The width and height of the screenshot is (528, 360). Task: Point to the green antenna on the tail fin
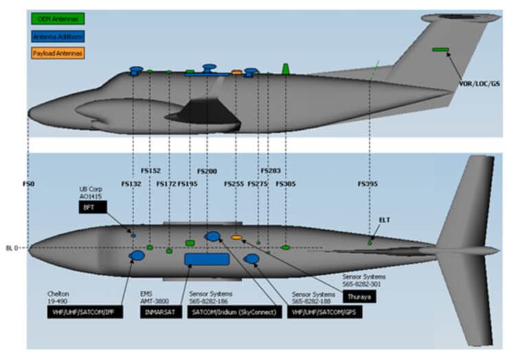coord(440,49)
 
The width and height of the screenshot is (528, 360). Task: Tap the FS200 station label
coord(206,171)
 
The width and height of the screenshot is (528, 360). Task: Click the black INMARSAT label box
coord(157,311)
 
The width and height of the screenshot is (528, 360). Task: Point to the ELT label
coord(384,220)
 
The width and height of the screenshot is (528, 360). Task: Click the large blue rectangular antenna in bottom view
coord(207,259)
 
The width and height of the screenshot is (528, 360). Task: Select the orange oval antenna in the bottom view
coord(236,238)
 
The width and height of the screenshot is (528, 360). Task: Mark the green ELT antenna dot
coord(370,243)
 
